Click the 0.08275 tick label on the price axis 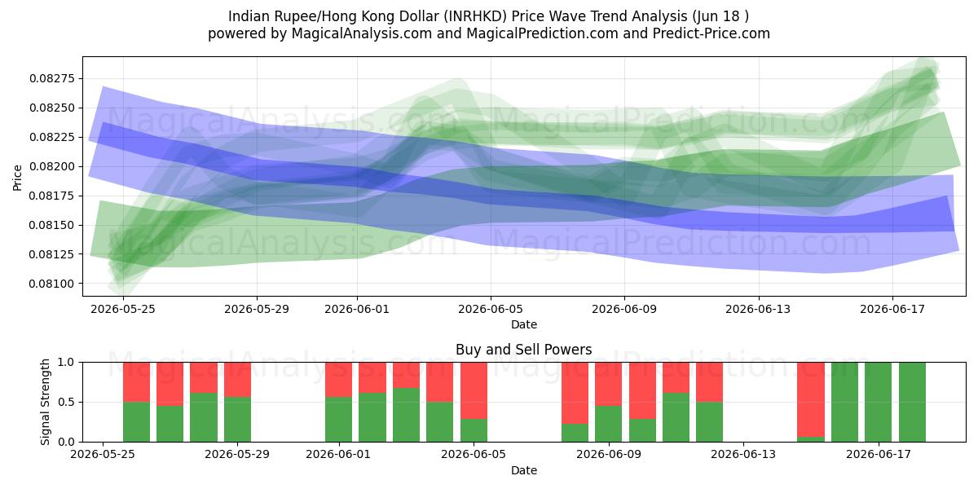[52, 78]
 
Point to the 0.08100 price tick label [52, 284]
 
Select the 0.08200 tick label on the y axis [52, 166]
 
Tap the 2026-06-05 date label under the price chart [491, 309]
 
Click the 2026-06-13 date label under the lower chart [743, 454]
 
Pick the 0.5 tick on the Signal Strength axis [66, 402]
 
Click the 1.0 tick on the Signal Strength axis [66, 363]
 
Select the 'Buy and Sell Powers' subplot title [524, 350]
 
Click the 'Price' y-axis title [17, 178]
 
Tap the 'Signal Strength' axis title [45, 402]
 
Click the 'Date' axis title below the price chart [524, 324]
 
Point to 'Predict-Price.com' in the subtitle [711, 33]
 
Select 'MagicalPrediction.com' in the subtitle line [542, 33]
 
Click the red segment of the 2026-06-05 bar [474, 390]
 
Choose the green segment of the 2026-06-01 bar [339, 420]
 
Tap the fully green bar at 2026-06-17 [878, 402]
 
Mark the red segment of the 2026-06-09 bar [609, 384]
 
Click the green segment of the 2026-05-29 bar [237, 420]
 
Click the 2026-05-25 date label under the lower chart [103, 454]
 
